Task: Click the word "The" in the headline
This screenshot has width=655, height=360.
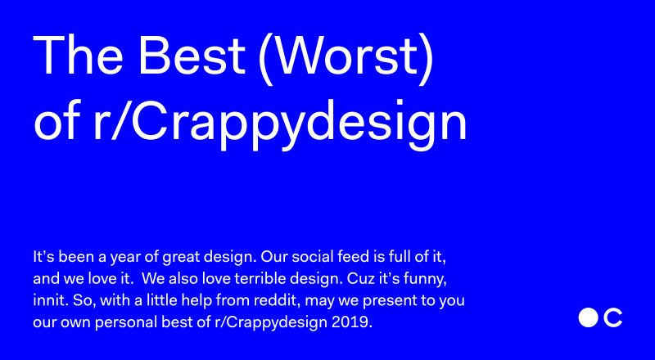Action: [x=78, y=55]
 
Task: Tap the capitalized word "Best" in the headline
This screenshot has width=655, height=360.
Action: [x=192, y=55]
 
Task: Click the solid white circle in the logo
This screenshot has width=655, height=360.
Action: [x=588, y=317]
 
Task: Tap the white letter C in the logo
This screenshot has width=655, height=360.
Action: [x=613, y=317]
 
